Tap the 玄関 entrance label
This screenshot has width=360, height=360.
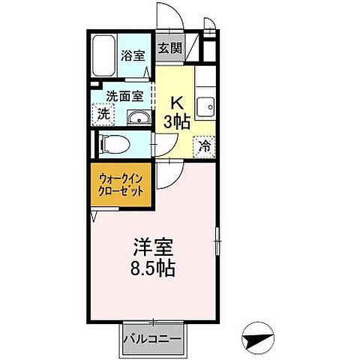coord(170,49)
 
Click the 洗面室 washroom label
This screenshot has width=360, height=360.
coord(123,96)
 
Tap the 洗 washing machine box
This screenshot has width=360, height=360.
coord(103,115)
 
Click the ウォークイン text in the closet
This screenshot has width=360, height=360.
coord(122,178)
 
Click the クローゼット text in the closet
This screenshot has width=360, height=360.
coord(122,192)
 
